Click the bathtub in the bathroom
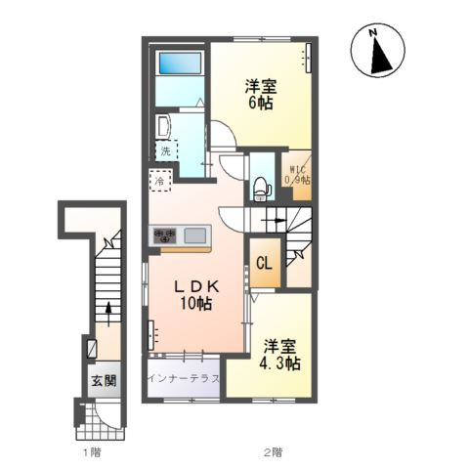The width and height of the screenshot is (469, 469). click(180, 64)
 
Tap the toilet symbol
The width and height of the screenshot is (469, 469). click(262, 190)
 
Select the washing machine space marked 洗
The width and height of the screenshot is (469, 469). click(166, 150)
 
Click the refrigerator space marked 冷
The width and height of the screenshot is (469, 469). click(160, 181)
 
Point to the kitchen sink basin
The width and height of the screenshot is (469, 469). click(195, 235)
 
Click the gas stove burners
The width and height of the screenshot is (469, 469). click(165, 235)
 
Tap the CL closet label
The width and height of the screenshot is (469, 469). click(264, 263)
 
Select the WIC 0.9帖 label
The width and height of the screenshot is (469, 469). click(297, 176)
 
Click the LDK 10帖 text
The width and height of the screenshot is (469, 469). click(196, 295)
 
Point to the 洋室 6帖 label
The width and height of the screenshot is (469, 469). click(261, 95)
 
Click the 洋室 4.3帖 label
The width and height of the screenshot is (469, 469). click(279, 355)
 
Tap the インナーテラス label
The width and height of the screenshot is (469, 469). click(184, 378)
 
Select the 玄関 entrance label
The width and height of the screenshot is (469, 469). click(104, 380)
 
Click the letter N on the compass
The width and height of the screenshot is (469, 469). click(373, 32)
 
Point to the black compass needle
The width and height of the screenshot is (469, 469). click(380, 55)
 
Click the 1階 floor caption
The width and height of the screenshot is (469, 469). click(92, 452)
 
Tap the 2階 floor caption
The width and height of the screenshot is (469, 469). click(273, 452)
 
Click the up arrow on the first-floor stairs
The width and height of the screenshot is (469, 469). click(108, 314)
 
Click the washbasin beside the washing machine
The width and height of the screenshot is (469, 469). click(162, 127)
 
